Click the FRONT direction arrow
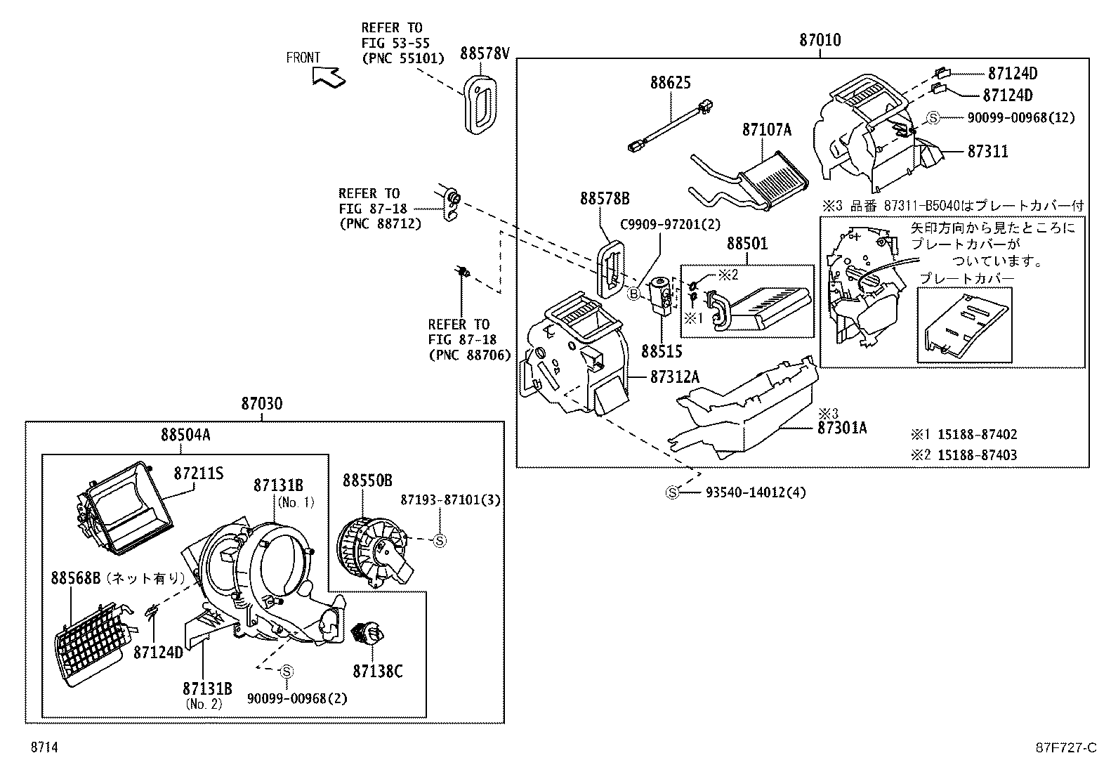(x=328, y=75)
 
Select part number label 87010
(x=820, y=40)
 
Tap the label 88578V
(x=485, y=53)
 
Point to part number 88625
(x=670, y=82)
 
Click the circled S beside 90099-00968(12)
(x=933, y=118)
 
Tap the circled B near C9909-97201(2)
(x=633, y=294)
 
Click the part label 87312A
(x=674, y=377)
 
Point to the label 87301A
(x=841, y=427)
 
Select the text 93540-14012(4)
(x=756, y=492)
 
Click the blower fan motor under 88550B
(x=376, y=550)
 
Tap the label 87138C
(x=378, y=672)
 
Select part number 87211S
(x=198, y=473)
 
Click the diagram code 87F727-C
(x=1065, y=747)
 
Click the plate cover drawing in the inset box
(x=966, y=325)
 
